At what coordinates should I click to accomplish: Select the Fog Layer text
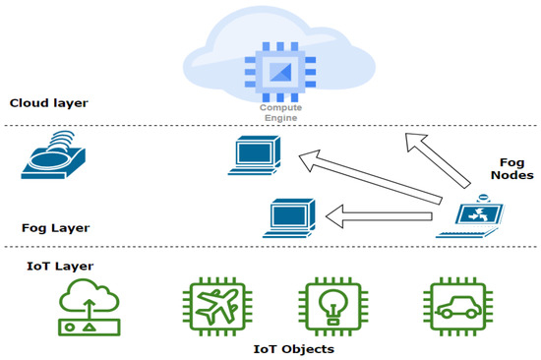[55, 227]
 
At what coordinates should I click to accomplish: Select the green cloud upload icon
[90, 305]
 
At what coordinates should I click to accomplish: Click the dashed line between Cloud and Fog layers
[148, 125]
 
